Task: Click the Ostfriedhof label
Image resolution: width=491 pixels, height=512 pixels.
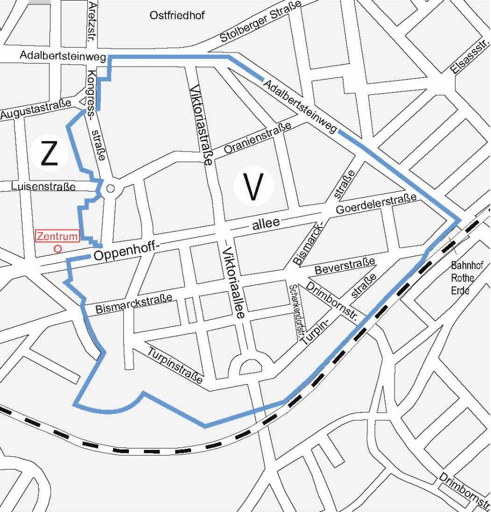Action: tap(177, 16)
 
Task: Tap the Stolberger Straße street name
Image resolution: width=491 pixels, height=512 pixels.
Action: tap(261, 22)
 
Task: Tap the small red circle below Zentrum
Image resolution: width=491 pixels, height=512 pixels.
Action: tap(57, 248)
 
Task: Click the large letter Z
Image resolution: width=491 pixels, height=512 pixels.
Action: tap(48, 154)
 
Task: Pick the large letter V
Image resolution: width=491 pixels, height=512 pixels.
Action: tap(253, 187)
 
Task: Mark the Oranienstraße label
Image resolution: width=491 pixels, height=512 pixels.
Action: tap(258, 138)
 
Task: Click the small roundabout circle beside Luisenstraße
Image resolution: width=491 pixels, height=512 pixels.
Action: tap(111, 188)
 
